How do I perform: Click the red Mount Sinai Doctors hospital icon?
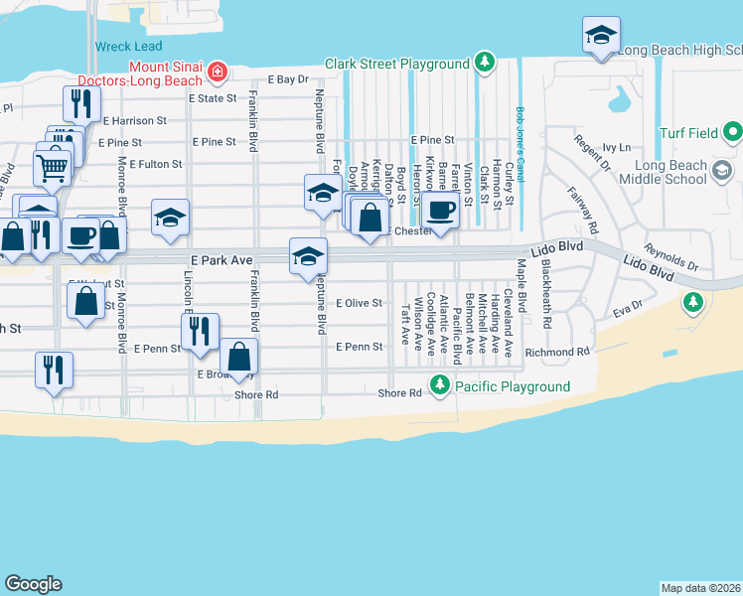point(216,73)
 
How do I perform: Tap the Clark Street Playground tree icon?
point(484,64)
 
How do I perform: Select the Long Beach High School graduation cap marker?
point(600,37)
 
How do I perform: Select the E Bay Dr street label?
point(289,79)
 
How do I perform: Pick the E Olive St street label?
point(359,303)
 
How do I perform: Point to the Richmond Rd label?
point(557,352)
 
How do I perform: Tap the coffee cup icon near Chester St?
point(439,210)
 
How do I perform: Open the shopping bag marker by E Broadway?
point(239,356)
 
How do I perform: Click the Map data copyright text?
point(701,587)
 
